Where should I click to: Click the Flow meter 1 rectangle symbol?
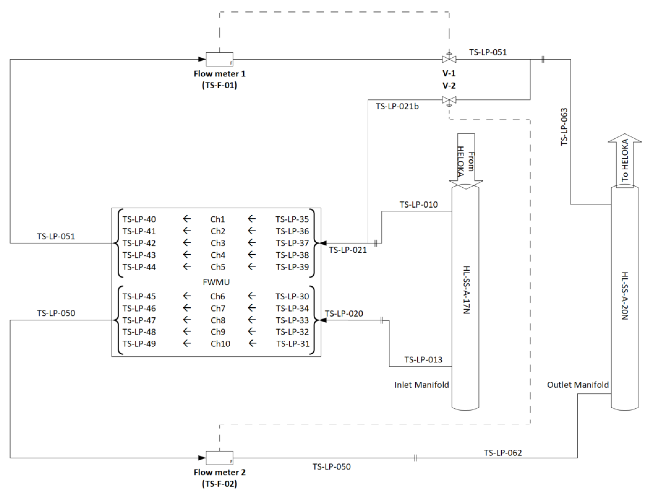pos(219,59)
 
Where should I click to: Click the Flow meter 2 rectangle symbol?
pos(219,457)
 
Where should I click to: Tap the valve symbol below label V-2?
pos(449,100)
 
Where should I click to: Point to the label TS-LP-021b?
pos(397,106)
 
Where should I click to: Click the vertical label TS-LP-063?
pos(564,127)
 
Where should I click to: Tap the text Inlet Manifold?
pos(421,385)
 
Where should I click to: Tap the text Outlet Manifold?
pos(578,385)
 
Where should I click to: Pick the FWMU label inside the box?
pos(216,282)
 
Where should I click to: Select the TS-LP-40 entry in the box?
pos(139,219)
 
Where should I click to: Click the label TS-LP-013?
pos(423,360)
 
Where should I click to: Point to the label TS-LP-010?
pos(418,205)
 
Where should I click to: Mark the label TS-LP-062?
pos(503,453)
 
